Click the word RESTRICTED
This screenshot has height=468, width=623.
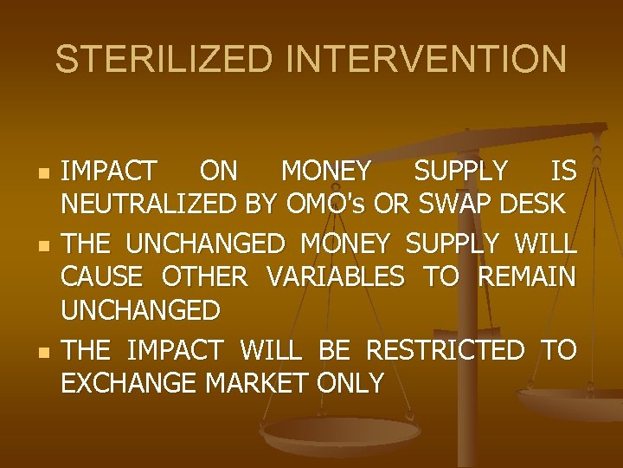(x=446, y=350)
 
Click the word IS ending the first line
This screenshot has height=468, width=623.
(x=562, y=172)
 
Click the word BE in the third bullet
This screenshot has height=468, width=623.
(x=335, y=350)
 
